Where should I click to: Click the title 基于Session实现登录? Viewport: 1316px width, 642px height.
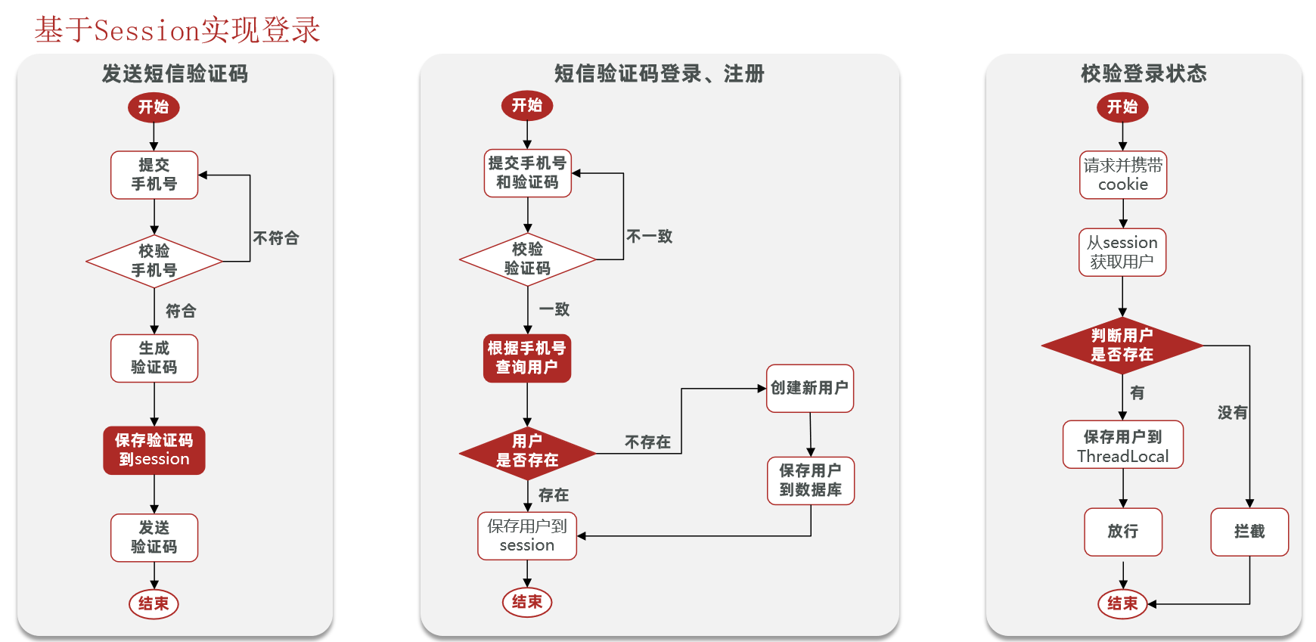point(177,30)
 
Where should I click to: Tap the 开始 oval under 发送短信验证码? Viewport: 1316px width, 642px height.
point(154,107)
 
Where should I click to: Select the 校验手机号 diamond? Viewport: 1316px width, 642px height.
point(154,261)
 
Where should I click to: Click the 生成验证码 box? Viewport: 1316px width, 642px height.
point(154,358)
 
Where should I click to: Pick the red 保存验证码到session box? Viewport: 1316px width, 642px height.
point(154,450)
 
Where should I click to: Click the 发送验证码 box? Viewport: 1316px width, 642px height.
point(154,538)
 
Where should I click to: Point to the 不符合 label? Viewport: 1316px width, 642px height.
point(276,238)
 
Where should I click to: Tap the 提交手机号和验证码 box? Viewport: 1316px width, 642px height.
point(527,173)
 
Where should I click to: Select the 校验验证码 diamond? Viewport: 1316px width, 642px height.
point(527,259)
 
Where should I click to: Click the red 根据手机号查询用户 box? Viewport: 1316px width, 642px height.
point(527,358)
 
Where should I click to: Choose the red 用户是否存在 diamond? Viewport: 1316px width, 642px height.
point(527,451)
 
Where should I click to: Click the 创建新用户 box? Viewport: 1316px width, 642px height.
point(809,389)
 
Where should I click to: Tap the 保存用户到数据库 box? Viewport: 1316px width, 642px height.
point(811,480)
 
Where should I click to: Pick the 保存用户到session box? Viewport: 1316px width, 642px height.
point(527,536)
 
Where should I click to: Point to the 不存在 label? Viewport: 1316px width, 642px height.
point(647,442)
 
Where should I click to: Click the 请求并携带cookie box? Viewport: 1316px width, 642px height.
point(1123,175)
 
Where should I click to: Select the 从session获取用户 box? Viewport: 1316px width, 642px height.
point(1122,253)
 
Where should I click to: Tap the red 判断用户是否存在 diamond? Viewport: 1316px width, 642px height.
point(1122,346)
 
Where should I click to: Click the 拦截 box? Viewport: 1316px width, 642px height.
point(1249,532)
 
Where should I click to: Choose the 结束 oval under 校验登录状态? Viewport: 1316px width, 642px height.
point(1122,603)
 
